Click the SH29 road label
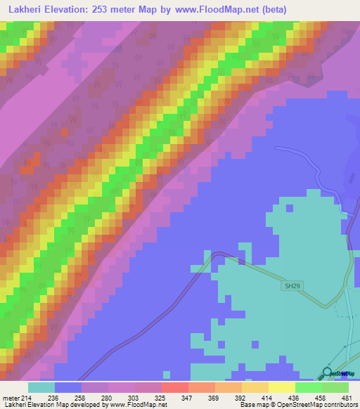point(292,286)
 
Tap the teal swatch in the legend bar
point(41,387)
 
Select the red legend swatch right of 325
point(175,387)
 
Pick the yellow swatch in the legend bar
point(282,387)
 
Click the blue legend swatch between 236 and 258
point(68,387)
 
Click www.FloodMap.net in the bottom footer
point(136,405)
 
